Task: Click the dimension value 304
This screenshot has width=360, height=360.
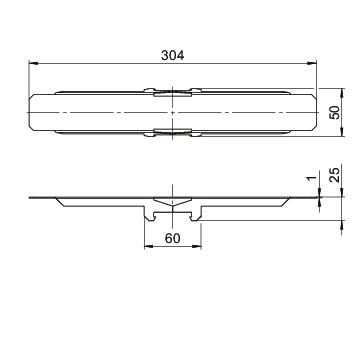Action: (x=172, y=55)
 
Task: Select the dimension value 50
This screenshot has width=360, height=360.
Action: (x=334, y=112)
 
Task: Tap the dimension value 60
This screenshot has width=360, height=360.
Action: (x=173, y=238)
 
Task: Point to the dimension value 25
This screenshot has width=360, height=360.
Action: (x=334, y=174)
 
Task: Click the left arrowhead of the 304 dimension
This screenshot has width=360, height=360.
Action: (x=33, y=63)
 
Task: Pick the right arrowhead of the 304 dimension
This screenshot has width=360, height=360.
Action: (x=311, y=63)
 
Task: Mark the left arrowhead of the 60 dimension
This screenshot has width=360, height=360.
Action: (x=149, y=247)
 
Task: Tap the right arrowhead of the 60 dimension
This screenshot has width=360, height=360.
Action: (x=197, y=247)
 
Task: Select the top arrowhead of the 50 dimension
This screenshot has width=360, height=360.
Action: (x=342, y=93)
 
